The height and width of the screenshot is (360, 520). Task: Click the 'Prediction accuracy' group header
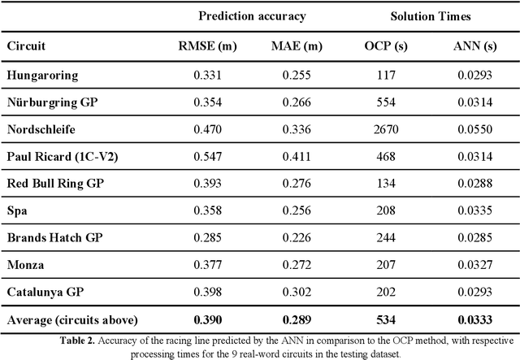251,15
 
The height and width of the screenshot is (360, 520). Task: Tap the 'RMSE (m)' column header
207,46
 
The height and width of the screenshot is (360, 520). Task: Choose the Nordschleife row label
41,129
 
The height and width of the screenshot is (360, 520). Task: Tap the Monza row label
26,263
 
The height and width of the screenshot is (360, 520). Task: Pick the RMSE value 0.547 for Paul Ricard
207,156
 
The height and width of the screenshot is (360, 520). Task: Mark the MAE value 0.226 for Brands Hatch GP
297,236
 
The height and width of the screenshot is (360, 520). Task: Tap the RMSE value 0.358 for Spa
207,210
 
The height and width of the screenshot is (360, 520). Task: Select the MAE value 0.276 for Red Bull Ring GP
297,183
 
